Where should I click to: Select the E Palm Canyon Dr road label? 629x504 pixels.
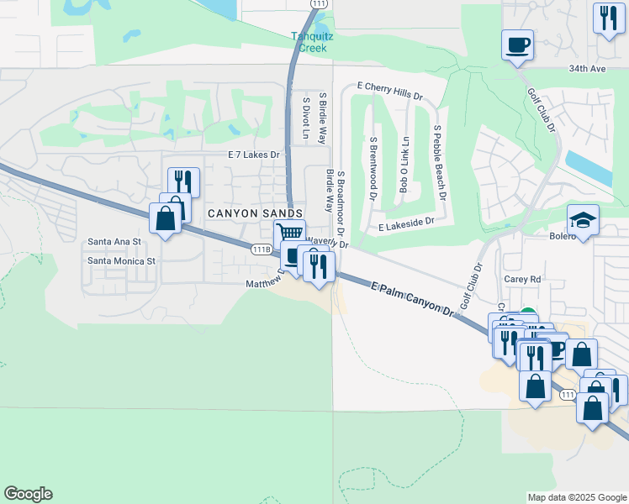(x=412, y=298)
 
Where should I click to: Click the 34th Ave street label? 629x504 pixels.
(x=586, y=68)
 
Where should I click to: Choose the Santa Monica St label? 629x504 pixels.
(x=122, y=261)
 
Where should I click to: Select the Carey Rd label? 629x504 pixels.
(x=521, y=279)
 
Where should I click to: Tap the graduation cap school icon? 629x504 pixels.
(x=583, y=220)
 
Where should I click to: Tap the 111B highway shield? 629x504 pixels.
(x=262, y=249)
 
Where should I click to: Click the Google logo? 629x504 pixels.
(x=28, y=494)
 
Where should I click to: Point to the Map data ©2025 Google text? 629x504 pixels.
(x=576, y=497)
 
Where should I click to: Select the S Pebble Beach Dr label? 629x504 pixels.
(x=438, y=162)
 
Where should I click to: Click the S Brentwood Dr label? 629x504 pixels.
(x=373, y=168)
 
